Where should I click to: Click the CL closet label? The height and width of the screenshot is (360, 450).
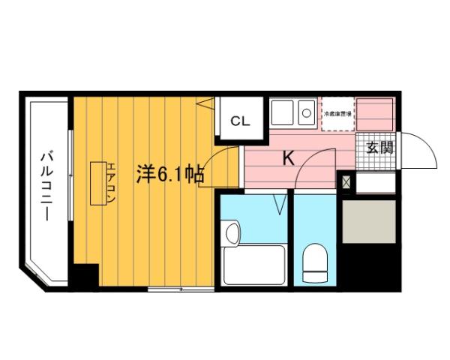click(x=240, y=121)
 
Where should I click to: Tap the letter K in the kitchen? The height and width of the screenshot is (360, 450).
click(x=287, y=158)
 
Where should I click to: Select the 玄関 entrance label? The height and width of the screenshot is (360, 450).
click(x=379, y=147)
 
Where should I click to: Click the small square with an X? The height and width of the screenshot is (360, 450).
click(x=346, y=181)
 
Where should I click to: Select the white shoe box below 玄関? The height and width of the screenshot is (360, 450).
click(x=375, y=182)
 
